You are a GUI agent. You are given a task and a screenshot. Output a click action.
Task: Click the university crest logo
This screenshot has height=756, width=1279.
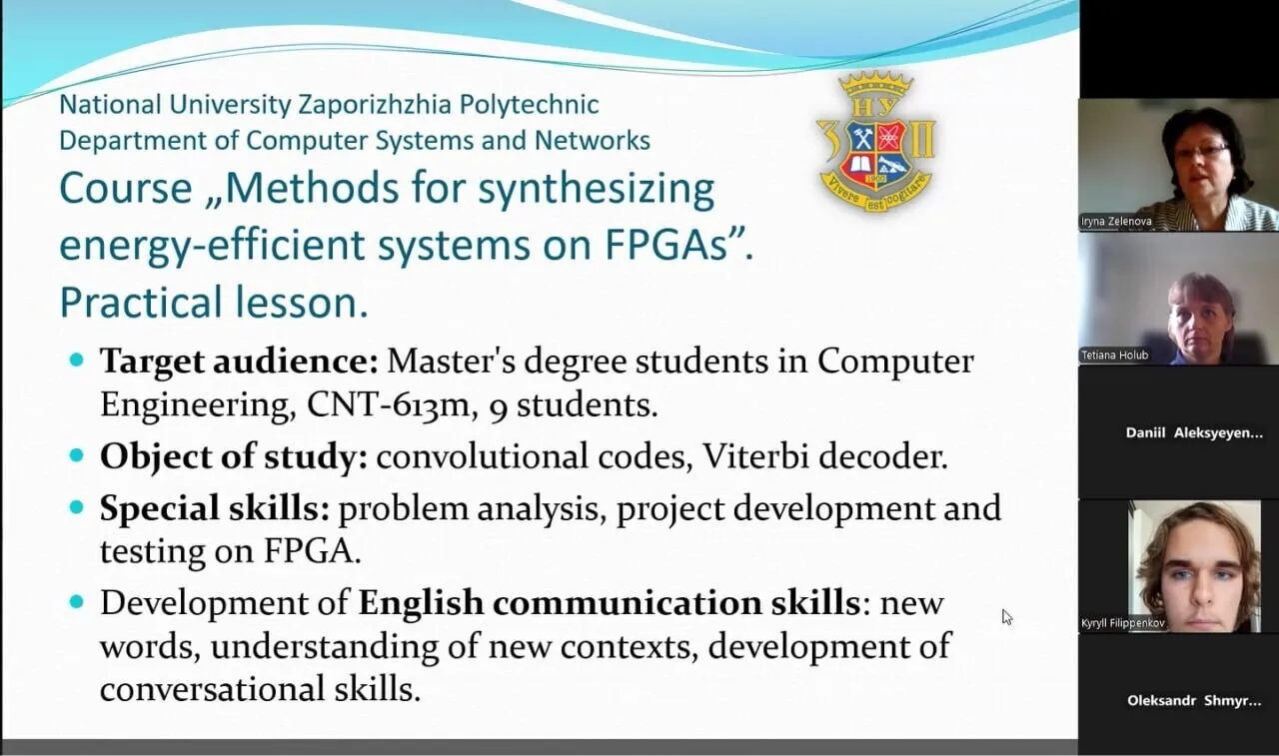click(875, 142)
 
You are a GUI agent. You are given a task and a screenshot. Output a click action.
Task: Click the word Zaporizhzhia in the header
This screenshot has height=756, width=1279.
click(375, 105)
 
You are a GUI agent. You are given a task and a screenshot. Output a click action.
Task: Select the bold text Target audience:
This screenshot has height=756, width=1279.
click(239, 362)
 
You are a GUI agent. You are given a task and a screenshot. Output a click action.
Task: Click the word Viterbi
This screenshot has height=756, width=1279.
click(755, 456)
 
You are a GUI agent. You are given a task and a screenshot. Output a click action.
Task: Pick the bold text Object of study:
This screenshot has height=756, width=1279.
click(234, 457)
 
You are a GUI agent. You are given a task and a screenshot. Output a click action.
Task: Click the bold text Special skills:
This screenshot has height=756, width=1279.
click(215, 508)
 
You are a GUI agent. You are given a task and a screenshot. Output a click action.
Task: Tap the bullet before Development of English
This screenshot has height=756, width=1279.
click(77, 602)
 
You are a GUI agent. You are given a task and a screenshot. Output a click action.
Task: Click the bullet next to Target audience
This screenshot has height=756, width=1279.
click(77, 361)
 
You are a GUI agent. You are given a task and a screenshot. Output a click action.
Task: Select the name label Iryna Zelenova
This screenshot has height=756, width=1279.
click(1116, 222)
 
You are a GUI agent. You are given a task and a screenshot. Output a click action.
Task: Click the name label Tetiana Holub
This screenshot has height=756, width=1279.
click(1114, 355)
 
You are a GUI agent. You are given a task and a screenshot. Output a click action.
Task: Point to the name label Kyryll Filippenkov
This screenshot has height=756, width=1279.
click(1122, 623)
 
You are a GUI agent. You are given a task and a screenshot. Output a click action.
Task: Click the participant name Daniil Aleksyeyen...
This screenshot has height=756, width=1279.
click(1194, 433)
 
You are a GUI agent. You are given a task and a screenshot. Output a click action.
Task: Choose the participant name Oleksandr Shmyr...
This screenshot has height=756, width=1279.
click(1194, 701)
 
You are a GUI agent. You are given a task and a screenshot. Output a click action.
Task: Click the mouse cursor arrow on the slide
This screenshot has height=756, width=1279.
click(1006, 617)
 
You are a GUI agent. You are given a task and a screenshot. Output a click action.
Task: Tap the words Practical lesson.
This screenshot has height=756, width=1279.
click(214, 303)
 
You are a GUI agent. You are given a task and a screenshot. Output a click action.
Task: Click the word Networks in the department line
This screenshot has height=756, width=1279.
click(593, 141)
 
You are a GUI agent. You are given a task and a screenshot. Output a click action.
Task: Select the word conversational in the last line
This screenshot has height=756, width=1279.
click(212, 688)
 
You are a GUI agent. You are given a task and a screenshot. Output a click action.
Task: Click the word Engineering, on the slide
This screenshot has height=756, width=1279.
click(194, 406)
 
